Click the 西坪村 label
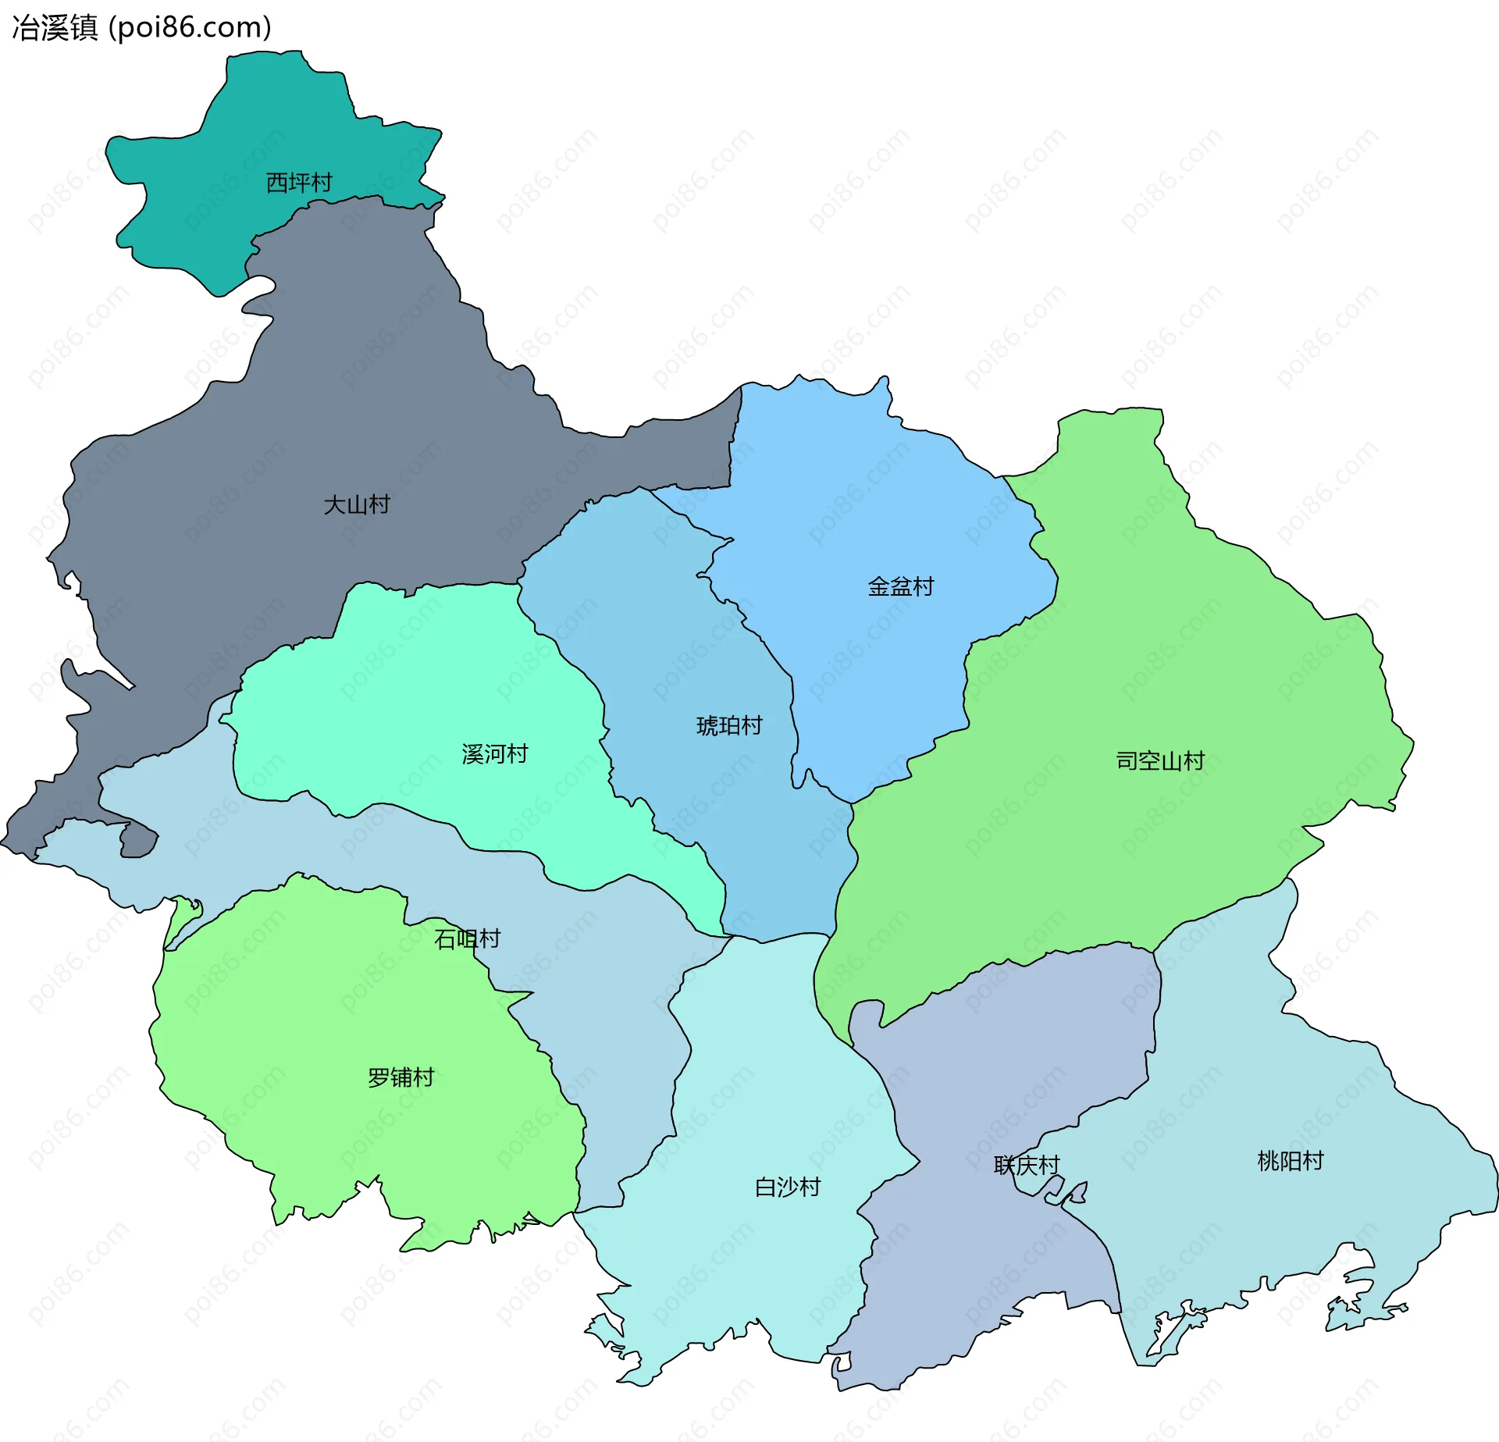pos(299,183)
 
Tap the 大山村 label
pos(357,504)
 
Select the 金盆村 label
pos(900,586)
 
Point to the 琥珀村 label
pos(729,726)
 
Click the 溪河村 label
pos(495,754)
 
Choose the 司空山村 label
pos(1160,760)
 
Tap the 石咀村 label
pos(467,938)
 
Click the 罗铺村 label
pos(401,1077)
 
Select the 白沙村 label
pos(788,1187)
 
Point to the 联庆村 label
pos(1027,1165)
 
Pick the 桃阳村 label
pos(1291,1161)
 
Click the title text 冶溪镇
pos(55,28)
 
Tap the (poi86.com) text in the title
pos(190,28)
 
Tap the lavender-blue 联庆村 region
pos(1015,1054)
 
